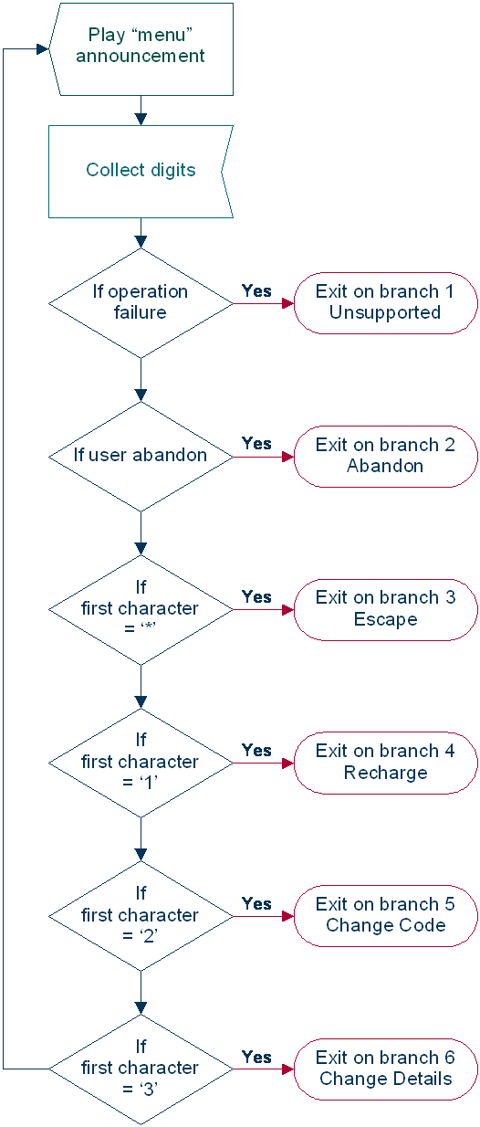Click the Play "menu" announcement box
pyautogui.click(x=141, y=48)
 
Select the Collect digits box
pyautogui.click(x=141, y=171)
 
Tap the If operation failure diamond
pyautogui.click(x=141, y=302)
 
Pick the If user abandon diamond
pyautogui.click(x=141, y=455)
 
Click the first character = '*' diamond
pyautogui.click(x=141, y=608)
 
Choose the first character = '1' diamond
pyautogui.click(x=141, y=762)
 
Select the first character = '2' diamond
pyautogui.click(x=141, y=915)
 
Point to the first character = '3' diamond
pyautogui.click(x=141, y=1068)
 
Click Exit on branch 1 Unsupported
pyautogui.click(x=385, y=302)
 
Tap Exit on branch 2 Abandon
pyautogui.click(x=385, y=455)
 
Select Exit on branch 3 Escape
pyautogui.click(x=385, y=608)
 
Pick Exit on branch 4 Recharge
pyautogui.click(x=385, y=762)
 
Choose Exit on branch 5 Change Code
pyautogui.click(x=385, y=915)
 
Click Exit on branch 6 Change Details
pyautogui.click(x=385, y=1068)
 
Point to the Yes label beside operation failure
pyautogui.click(x=256, y=290)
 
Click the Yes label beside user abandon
pyautogui.click(x=256, y=444)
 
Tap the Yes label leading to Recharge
pyautogui.click(x=256, y=751)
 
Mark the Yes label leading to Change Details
pyautogui.click(x=256, y=1057)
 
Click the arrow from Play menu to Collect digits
pyautogui.click(x=141, y=111)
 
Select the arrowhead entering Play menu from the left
pyautogui.click(x=42, y=48)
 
